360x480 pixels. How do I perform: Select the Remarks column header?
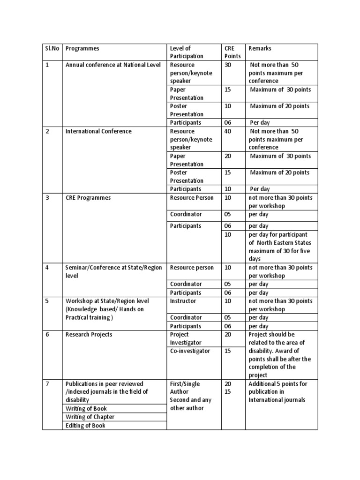[260, 48]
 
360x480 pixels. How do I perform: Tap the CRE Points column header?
[232, 52]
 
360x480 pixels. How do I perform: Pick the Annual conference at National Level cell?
[113, 65]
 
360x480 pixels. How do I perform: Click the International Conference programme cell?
[98, 131]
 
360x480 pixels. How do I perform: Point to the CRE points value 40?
[228, 131]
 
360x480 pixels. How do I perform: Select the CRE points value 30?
[228, 65]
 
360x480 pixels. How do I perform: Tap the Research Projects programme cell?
[89, 335]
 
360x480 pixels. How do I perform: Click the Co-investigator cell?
[190, 351]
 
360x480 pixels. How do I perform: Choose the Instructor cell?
[183, 301]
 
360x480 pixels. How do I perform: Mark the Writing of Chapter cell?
[90, 417]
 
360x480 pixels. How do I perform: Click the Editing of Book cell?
[85, 426]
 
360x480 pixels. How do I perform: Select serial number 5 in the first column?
[47, 301]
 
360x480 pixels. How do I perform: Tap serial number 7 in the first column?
[47, 384]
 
